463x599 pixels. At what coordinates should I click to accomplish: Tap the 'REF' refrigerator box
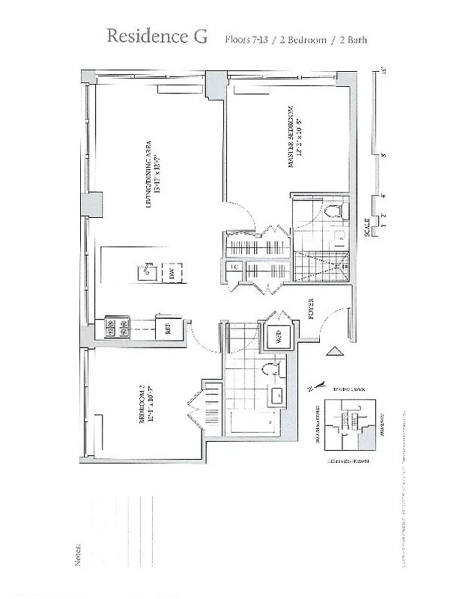coord(160,326)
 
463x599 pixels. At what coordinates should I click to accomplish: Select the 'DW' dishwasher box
coord(172,275)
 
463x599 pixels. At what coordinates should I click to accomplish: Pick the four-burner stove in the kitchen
coord(117,326)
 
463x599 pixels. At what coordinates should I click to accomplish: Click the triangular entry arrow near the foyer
coord(333,351)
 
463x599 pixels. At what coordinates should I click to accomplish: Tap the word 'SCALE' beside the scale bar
coord(366,226)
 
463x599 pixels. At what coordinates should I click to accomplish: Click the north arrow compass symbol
coord(315,387)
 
